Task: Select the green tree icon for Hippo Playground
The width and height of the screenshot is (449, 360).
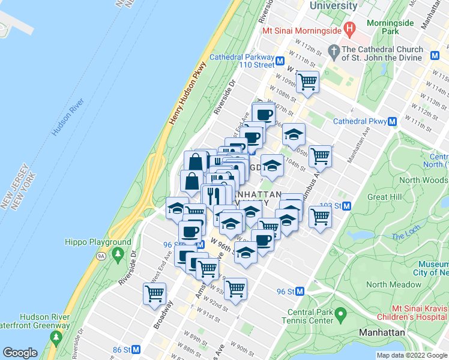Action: pyautogui.click(x=118, y=254)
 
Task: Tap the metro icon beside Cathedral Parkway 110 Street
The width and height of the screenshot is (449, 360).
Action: pyautogui.click(x=280, y=60)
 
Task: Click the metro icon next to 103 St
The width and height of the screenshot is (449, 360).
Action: pyautogui.click(x=347, y=205)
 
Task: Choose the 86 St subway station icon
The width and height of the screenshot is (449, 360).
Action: pyautogui.click(x=136, y=349)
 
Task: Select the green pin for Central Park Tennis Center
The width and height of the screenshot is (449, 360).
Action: pyautogui.click(x=340, y=314)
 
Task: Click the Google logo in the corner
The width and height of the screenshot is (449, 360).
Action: pyautogui.click(x=20, y=353)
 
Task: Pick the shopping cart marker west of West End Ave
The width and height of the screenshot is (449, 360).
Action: pyautogui.click(x=154, y=294)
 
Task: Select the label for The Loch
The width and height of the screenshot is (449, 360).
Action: pyautogui.click(x=406, y=236)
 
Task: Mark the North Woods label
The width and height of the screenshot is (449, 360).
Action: pyautogui.click(x=423, y=180)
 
